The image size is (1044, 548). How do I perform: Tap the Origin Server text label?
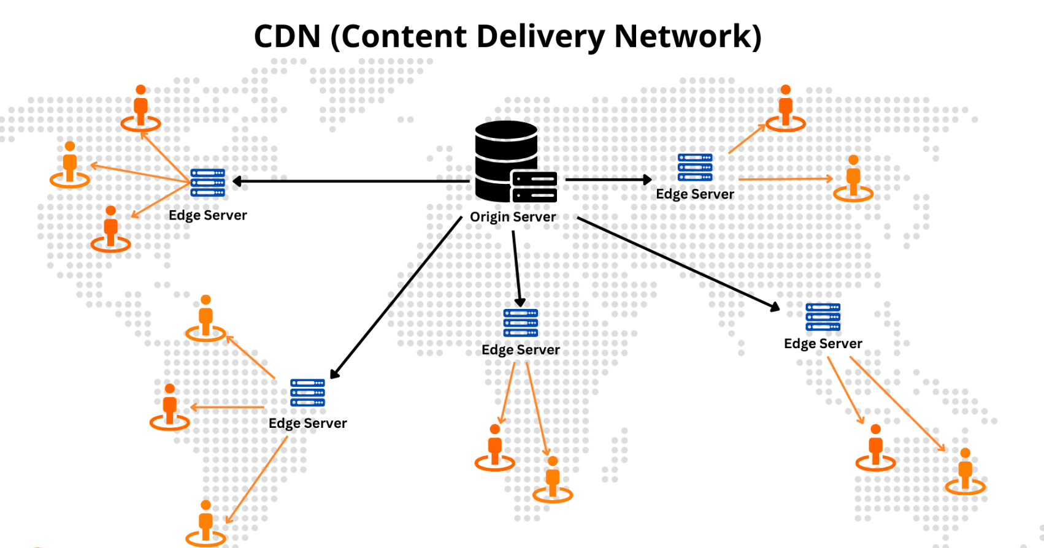[513, 217]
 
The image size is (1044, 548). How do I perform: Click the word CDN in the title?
[288, 36]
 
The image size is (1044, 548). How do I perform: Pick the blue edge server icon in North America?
[207, 183]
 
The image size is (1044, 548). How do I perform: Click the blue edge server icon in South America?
[307, 393]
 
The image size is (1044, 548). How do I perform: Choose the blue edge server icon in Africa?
[520, 323]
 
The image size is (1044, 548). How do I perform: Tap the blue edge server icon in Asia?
[694, 167]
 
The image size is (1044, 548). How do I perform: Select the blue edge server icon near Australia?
[823, 317]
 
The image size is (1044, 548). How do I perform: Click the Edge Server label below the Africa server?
[520, 350]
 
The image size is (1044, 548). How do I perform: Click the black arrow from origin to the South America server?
[396, 297]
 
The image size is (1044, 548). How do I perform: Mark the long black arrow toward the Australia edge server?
[678, 263]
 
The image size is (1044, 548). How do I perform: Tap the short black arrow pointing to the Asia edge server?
[607, 180]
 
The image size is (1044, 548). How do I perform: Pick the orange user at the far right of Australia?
[965, 471]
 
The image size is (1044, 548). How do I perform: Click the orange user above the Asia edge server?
[785, 108]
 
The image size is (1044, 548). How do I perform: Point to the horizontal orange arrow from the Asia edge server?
[785, 179]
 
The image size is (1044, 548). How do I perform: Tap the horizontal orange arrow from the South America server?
[227, 407]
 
